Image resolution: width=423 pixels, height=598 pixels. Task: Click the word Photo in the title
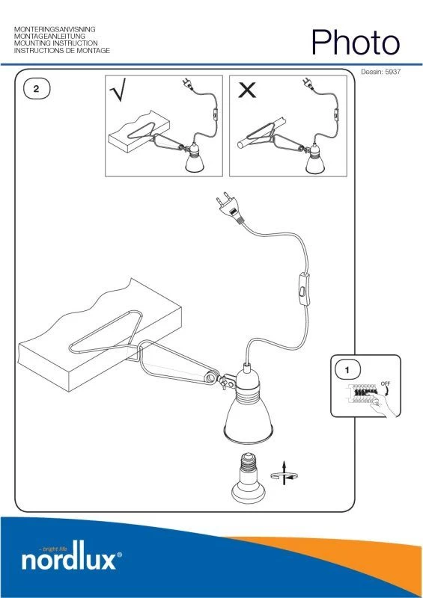coord(356,43)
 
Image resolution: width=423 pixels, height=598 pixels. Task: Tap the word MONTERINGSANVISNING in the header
coord(55,29)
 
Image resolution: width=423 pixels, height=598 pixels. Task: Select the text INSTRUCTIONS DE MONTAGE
coord(62,50)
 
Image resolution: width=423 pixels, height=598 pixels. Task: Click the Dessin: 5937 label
coord(380,71)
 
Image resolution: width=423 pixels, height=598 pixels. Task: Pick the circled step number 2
coord(36,89)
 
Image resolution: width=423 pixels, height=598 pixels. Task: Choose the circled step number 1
coord(347,370)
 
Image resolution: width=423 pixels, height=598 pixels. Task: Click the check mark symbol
coord(118,90)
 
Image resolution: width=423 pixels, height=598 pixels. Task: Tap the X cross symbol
coord(247,90)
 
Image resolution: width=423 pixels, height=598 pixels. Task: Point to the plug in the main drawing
coord(229,208)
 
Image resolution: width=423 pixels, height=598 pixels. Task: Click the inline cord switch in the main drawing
coord(304,289)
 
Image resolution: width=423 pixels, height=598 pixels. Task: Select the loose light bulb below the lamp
coord(249,478)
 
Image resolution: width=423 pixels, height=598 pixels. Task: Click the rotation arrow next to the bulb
coord(284,474)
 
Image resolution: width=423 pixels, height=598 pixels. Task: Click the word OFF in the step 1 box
coord(386,384)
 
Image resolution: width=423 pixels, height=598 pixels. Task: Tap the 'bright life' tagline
coord(53,549)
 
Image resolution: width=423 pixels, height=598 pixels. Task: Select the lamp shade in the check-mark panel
coord(195,162)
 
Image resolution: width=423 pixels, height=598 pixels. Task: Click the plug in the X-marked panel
coord(308,84)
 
